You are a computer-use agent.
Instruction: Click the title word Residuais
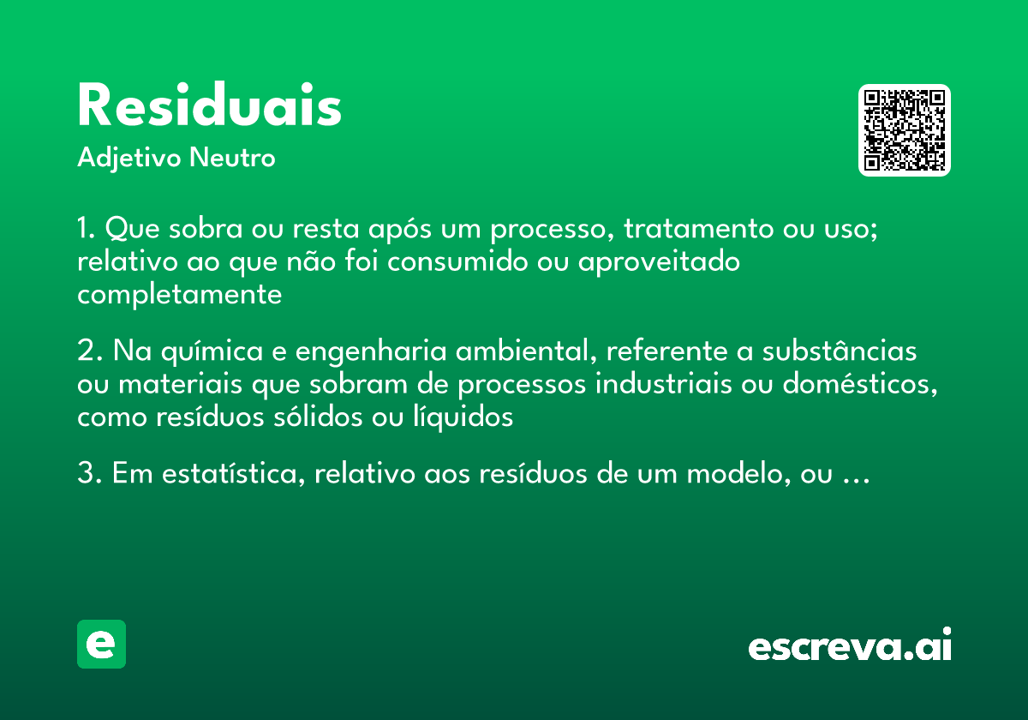point(210,107)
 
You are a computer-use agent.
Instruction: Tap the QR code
point(905,130)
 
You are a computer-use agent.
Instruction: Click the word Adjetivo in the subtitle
point(129,159)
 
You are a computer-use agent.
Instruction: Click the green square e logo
point(101,644)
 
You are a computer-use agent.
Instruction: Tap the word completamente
point(179,295)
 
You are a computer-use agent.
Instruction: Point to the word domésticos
point(858,385)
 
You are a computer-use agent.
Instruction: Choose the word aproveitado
point(659,262)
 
